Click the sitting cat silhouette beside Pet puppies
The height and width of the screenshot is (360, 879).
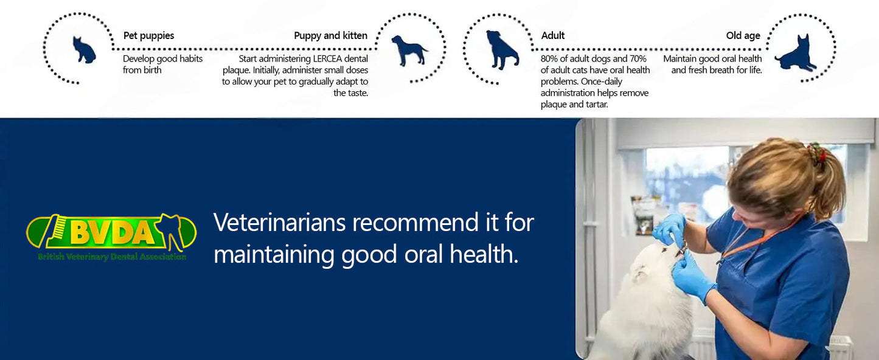pyautogui.click(x=83, y=50)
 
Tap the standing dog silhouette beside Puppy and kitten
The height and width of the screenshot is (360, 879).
pyautogui.click(x=409, y=50)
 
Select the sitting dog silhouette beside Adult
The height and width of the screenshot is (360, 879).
pyautogui.click(x=501, y=50)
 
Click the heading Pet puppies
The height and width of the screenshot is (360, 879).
pyautogui.click(x=148, y=36)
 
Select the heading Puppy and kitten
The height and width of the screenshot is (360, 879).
pyautogui.click(x=330, y=36)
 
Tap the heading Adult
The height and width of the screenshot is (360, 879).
pyautogui.click(x=552, y=36)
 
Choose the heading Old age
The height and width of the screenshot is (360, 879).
pyautogui.click(x=743, y=36)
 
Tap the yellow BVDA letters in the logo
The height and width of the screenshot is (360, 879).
pyautogui.click(x=113, y=232)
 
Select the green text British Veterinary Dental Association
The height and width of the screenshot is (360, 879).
pyautogui.click(x=112, y=257)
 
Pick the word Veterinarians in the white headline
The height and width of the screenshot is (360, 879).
pyautogui.click(x=280, y=223)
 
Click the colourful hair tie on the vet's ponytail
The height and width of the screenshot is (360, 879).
pyautogui.click(x=816, y=153)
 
